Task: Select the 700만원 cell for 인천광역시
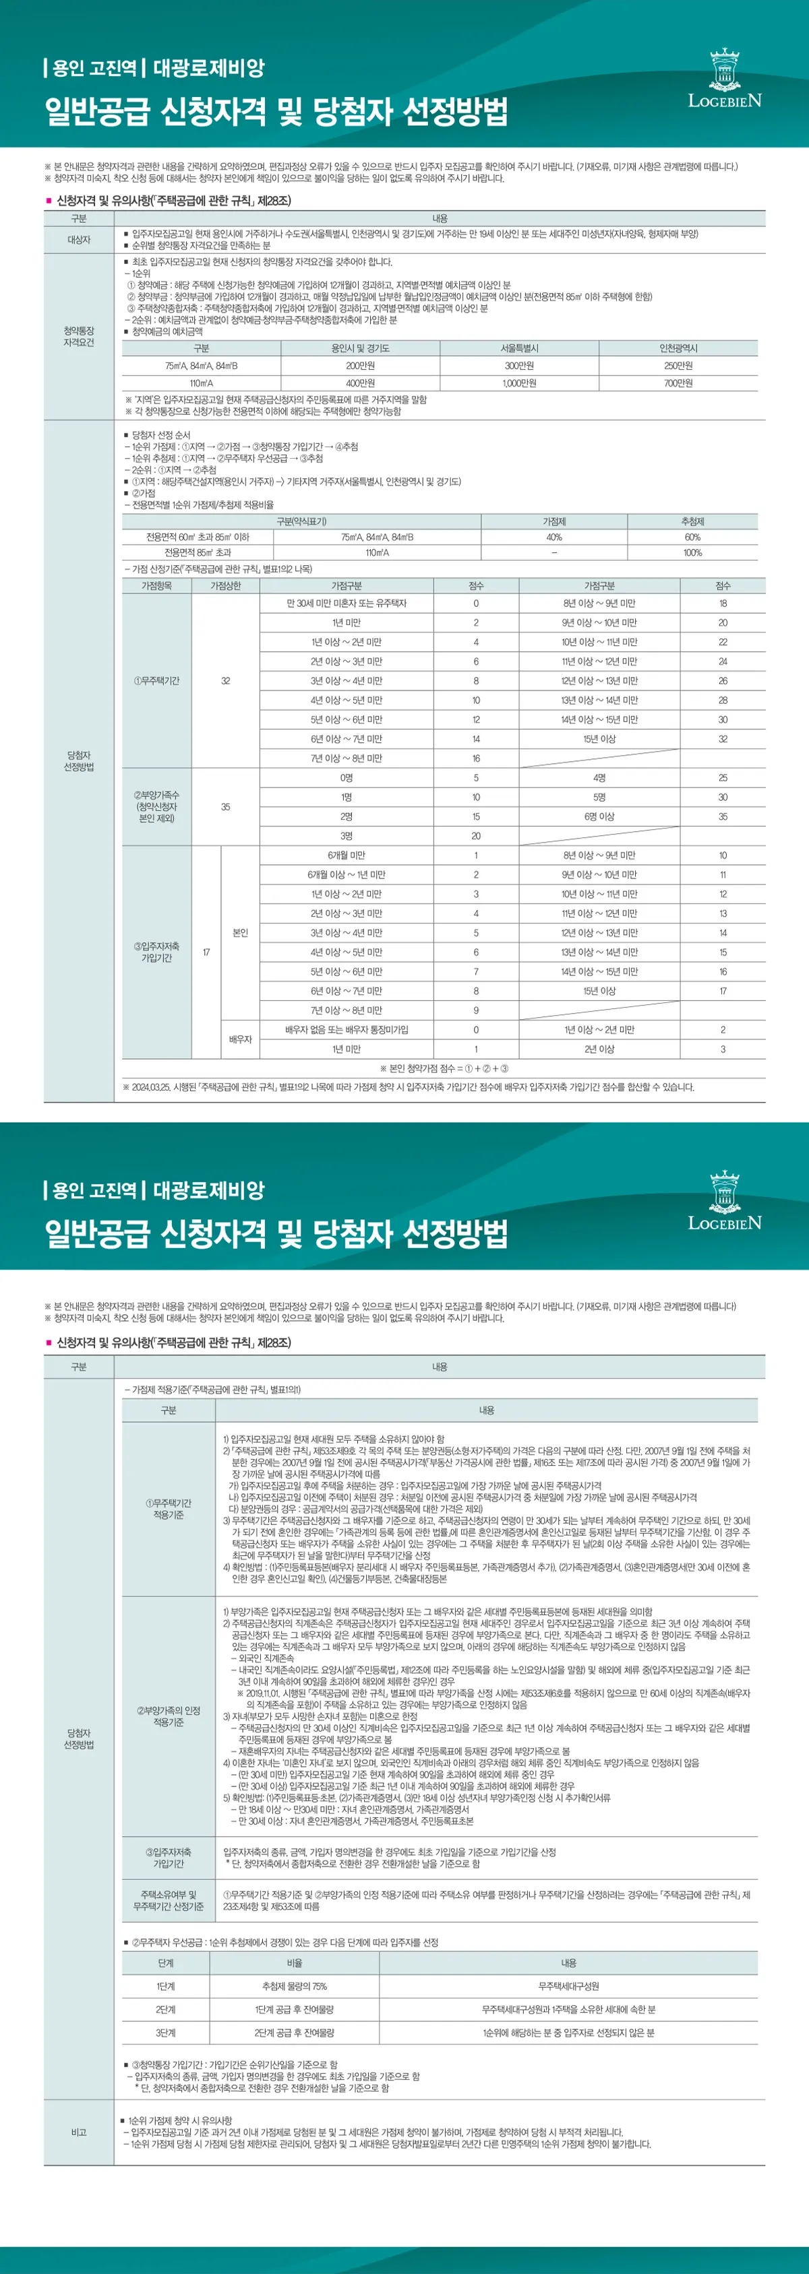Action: pos(678,383)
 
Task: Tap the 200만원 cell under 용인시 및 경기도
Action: pos(359,366)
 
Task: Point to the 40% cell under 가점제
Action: pos(553,537)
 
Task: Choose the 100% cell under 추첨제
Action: pos(692,552)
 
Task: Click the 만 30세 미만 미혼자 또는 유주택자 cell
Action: pos(347,604)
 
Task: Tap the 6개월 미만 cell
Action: pos(347,855)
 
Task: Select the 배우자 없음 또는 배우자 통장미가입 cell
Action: pos(347,1030)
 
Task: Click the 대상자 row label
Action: pos(79,239)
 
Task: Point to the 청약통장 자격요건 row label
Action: pos(79,336)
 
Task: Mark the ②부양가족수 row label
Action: pos(156,807)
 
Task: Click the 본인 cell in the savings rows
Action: pos(240,933)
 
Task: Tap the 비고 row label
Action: pos(79,2132)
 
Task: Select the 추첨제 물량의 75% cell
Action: pos(294,1986)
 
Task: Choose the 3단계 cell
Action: pos(165,2032)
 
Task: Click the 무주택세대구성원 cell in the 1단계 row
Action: pos(568,1986)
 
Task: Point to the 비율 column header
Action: pos(294,1963)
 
